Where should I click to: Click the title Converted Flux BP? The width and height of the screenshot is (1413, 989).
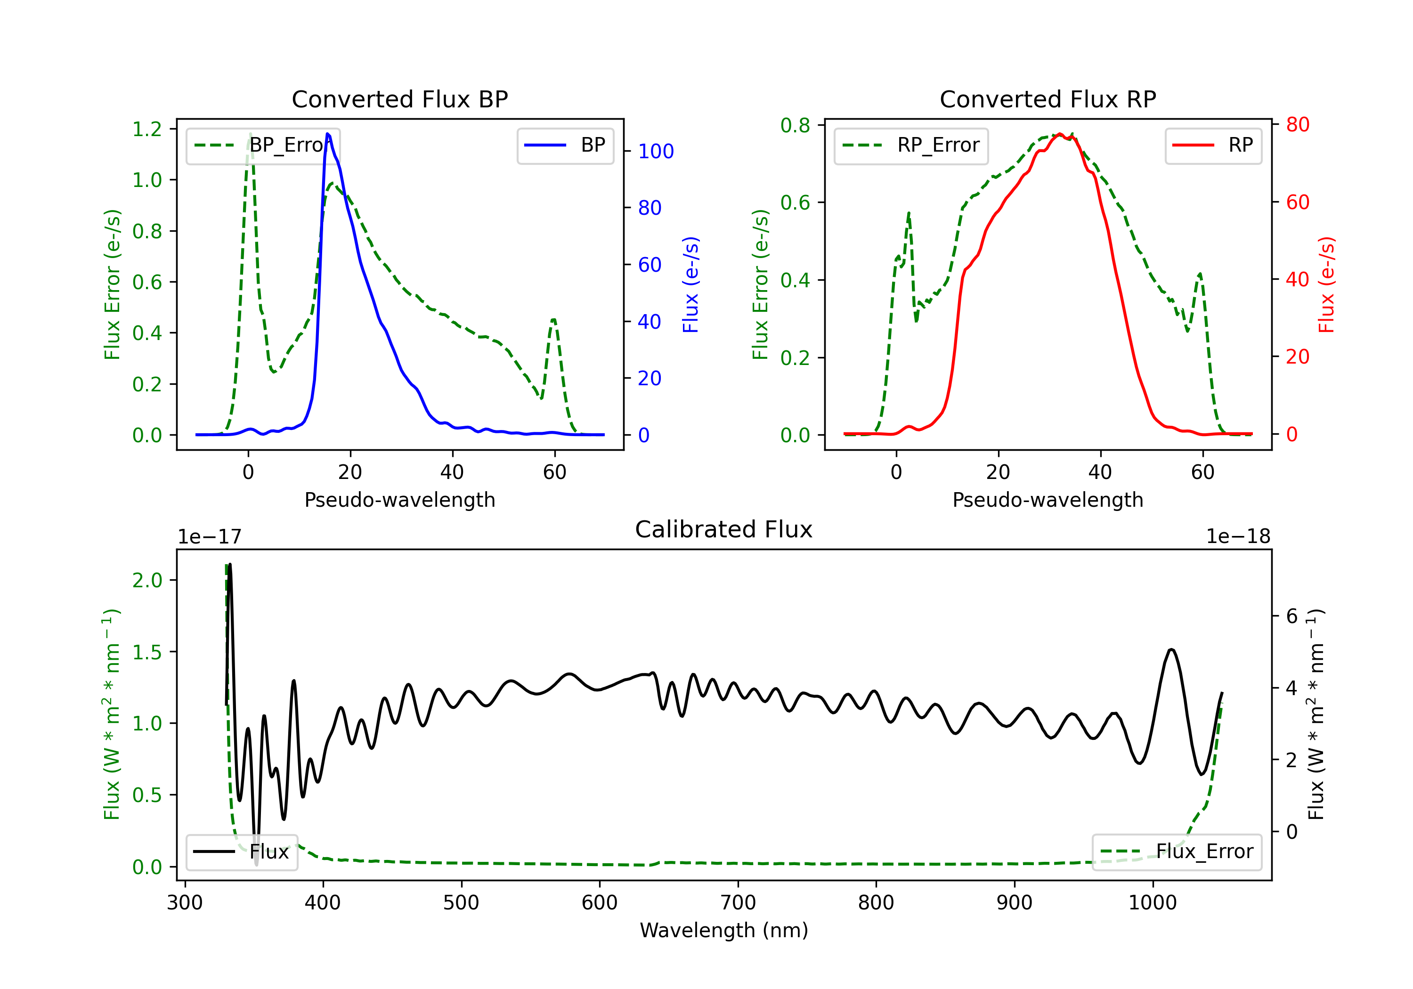(399, 99)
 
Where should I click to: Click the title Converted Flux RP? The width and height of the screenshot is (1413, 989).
(1048, 99)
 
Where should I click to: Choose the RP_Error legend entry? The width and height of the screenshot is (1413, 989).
(911, 145)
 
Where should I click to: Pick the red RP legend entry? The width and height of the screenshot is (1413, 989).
(1213, 145)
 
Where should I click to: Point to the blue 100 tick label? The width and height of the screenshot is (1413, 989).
(656, 151)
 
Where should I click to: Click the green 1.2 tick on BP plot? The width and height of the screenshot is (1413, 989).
(147, 129)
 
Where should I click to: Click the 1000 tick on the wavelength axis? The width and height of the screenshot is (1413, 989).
(1152, 902)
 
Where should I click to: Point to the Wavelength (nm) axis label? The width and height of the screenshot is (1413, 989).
(724, 930)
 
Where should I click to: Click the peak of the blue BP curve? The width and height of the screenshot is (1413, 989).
(327, 134)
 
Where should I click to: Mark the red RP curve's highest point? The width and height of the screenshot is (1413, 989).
(1060, 134)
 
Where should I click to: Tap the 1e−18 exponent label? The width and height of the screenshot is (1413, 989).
(1238, 537)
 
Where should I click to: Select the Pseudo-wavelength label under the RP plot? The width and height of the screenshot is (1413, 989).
(1048, 500)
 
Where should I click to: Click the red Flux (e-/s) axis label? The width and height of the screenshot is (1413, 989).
(1326, 284)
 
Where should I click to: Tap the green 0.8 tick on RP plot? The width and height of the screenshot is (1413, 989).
(795, 126)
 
